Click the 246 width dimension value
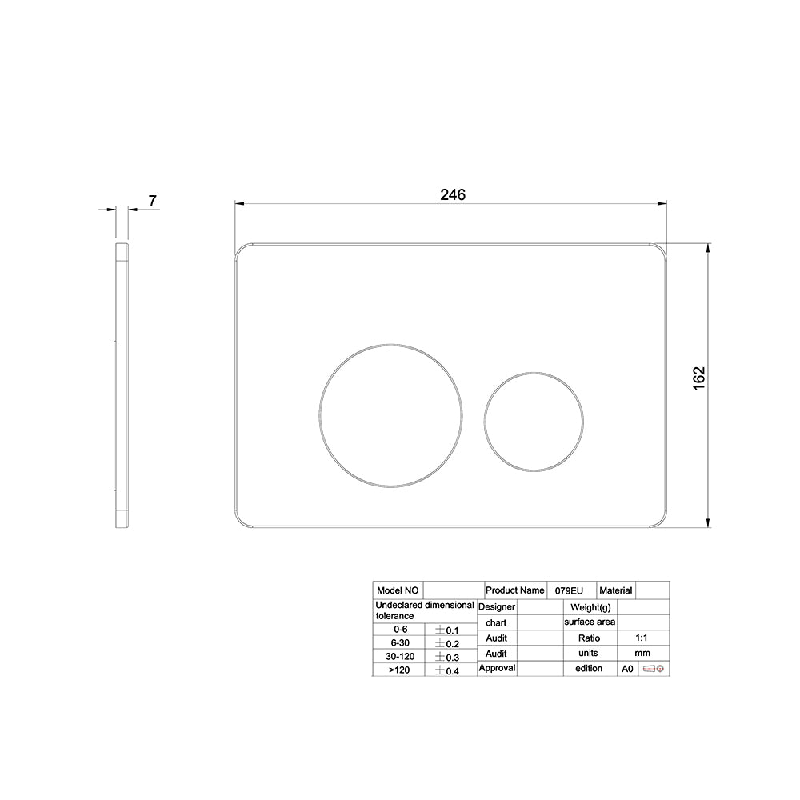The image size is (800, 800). point(453,194)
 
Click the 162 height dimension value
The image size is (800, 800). point(698,378)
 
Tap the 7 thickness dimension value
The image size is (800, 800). point(151,201)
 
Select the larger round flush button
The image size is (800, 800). point(390,415)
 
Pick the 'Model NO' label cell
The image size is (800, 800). point(397,590)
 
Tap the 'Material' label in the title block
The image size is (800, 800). point(615,590)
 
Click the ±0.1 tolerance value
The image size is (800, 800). point(446,630)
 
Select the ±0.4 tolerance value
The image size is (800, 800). point(446,670)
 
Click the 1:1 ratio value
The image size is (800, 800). point(642,638)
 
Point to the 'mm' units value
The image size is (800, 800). point(642,654)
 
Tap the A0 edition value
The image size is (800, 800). point(627,669)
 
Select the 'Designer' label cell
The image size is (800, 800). point(497,607)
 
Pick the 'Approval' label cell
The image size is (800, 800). point(497,668)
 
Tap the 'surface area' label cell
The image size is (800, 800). point(590,622)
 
